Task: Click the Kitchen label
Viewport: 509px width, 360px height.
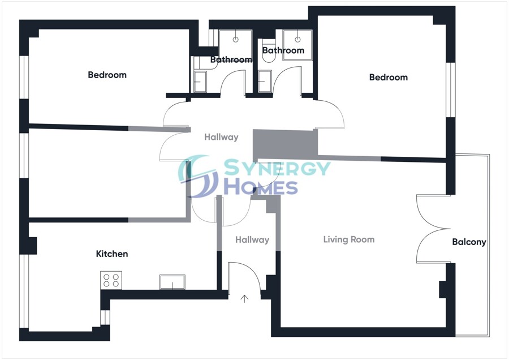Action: [112, 254]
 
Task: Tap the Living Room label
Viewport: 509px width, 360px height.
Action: [348, 239]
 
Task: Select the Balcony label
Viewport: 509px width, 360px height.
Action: [469, 242]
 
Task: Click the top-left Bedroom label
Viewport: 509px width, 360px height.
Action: [107, 75]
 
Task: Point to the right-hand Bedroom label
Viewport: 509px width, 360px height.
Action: [388, 77]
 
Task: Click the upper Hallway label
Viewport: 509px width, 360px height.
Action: [221, 137]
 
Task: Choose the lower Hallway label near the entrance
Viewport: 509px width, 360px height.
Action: [252, 240]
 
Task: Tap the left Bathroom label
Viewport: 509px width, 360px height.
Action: [231, 59]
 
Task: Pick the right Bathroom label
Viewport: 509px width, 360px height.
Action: [283, 50]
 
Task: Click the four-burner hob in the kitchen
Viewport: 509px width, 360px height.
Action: [111, 280]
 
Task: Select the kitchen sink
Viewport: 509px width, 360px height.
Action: [172, 282]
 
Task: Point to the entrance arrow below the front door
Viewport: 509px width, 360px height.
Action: [245, 298]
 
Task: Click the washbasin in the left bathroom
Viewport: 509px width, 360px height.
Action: [200, 82]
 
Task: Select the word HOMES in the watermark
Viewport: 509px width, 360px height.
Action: [260, 187]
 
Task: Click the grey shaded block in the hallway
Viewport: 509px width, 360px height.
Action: [283, 144]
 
